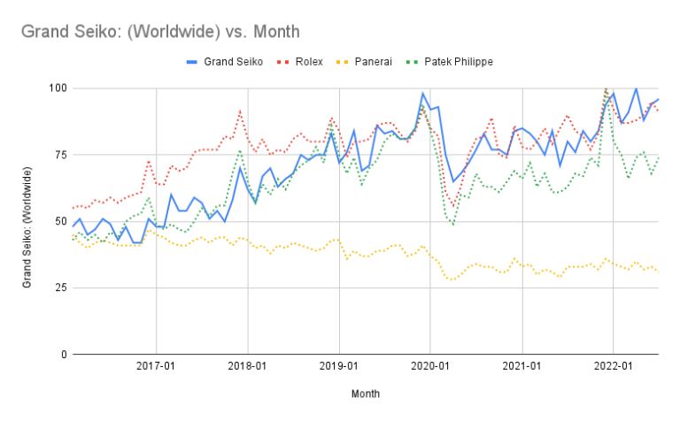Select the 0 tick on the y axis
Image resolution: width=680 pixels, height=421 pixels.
[58, 354]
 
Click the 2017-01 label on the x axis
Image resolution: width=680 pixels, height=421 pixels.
[156, 365]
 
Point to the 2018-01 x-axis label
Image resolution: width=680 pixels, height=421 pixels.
[247, 365]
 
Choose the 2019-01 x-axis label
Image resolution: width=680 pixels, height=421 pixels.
[338, 365]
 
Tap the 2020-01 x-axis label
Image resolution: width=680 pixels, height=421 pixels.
[429, 365]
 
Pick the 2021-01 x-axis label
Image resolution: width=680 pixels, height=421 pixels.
[522, 365]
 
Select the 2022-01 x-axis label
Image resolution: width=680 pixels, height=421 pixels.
[613, 365]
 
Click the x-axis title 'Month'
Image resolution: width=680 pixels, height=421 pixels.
[366, 394]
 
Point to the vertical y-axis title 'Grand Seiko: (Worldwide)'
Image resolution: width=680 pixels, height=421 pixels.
[27, 221]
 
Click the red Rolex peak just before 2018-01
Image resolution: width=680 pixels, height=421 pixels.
[240, 112]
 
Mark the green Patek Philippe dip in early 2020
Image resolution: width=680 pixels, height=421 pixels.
[453, 225]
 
